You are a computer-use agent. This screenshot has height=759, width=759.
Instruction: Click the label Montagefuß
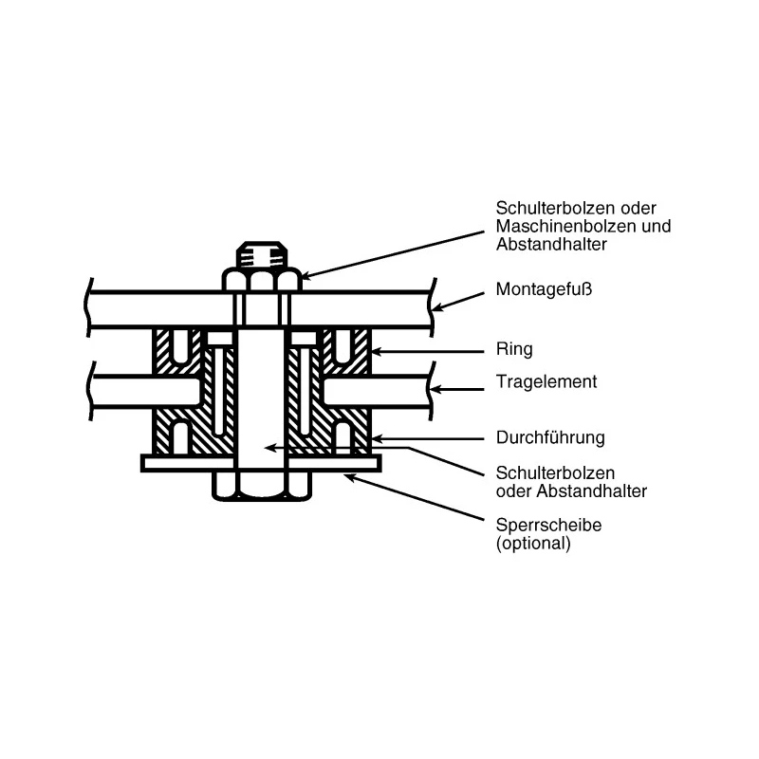(x=544, y=289)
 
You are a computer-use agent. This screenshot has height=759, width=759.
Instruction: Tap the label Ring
(x=514, y=349)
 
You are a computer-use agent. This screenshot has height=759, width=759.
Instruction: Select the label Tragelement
(x=546, y=382)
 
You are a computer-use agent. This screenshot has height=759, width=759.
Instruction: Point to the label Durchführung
(x=550, y=437)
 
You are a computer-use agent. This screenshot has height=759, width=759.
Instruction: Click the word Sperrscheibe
(x=548, y=525)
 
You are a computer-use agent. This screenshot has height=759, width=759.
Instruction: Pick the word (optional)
(x=533, y=543)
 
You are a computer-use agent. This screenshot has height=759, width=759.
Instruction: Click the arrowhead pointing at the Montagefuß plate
(x=438, y=306)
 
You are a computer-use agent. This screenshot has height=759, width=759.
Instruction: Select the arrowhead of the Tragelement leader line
(x=436, y=389)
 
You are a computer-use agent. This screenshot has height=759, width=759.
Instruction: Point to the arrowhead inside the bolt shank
(x=272, y=448)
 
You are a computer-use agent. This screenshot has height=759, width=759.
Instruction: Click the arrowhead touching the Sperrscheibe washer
(x=351, y=478)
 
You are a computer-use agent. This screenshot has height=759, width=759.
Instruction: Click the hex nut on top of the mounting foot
(x=262, y=280)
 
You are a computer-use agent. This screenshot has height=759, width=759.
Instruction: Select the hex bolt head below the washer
(x=262, y=486)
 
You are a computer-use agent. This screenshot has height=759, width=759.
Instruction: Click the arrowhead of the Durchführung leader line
(x=379, y=439)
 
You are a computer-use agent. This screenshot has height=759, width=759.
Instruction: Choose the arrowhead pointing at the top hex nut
(x=308, y=276)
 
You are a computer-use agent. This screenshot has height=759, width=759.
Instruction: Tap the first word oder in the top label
(x=638, y=208)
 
